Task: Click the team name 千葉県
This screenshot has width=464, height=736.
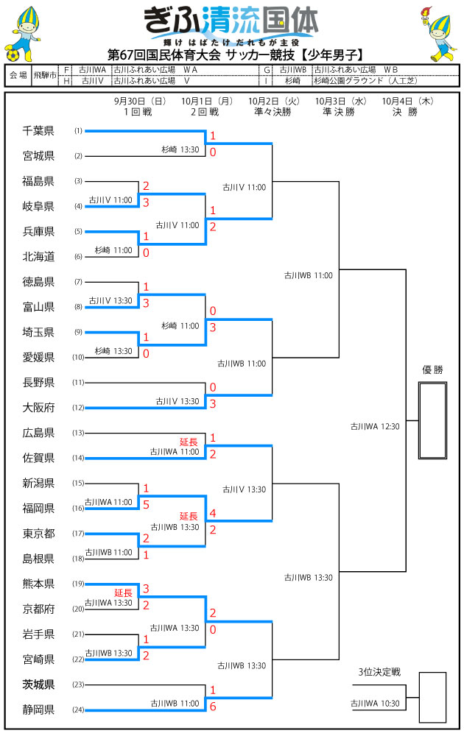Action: [x=38, y=131]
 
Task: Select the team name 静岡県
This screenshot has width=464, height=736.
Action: [x=38, y=710]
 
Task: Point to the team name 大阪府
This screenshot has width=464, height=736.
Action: [x=38, y=407]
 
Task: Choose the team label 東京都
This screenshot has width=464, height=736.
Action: [x=38, y=533]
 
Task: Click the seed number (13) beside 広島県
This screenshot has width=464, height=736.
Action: [x=78, y=433]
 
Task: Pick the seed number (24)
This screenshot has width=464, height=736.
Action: [x=78, y=710]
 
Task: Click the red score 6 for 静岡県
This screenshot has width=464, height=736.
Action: [x=213, y=705]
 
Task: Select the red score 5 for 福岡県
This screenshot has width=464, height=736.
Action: [x=146, y=504]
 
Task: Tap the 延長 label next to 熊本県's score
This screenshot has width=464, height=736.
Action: [x=123, y=592]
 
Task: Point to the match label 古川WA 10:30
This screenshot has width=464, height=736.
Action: [x=375, y=704]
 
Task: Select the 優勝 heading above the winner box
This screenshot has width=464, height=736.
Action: [x=432, y=370]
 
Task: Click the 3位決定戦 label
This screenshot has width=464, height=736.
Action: [x=379, y=671]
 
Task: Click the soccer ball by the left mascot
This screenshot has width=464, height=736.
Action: [x=11, y=54]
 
